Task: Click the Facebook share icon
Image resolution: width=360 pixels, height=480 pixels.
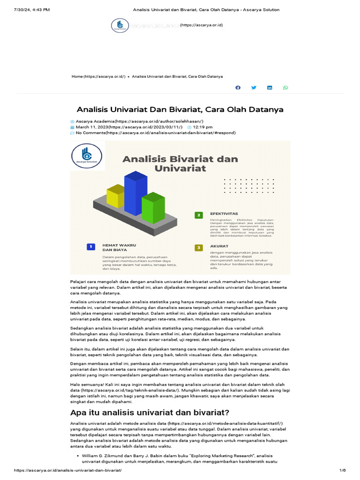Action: [x=238, y=88]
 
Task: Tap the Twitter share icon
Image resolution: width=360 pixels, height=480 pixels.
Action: [x=254, y=88]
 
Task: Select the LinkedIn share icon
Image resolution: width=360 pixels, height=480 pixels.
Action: [x=270, y=88]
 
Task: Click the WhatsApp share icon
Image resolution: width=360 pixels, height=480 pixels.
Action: [x=285, y=88]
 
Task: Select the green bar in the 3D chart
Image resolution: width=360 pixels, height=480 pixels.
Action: [x=153, y=209]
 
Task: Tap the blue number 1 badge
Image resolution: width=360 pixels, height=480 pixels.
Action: [x=91, y=247]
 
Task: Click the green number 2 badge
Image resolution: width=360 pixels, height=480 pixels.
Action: [x=199, y=215]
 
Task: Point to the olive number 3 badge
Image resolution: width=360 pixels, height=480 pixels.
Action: [x=199, y=247]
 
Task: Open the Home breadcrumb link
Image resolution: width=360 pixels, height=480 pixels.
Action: [x=98, y=76]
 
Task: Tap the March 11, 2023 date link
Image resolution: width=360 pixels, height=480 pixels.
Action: [x=129, y=127]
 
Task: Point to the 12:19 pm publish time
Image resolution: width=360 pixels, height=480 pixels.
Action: [x=202, y=127]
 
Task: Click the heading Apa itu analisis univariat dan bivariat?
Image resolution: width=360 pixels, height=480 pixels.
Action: [x=149, y=412]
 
